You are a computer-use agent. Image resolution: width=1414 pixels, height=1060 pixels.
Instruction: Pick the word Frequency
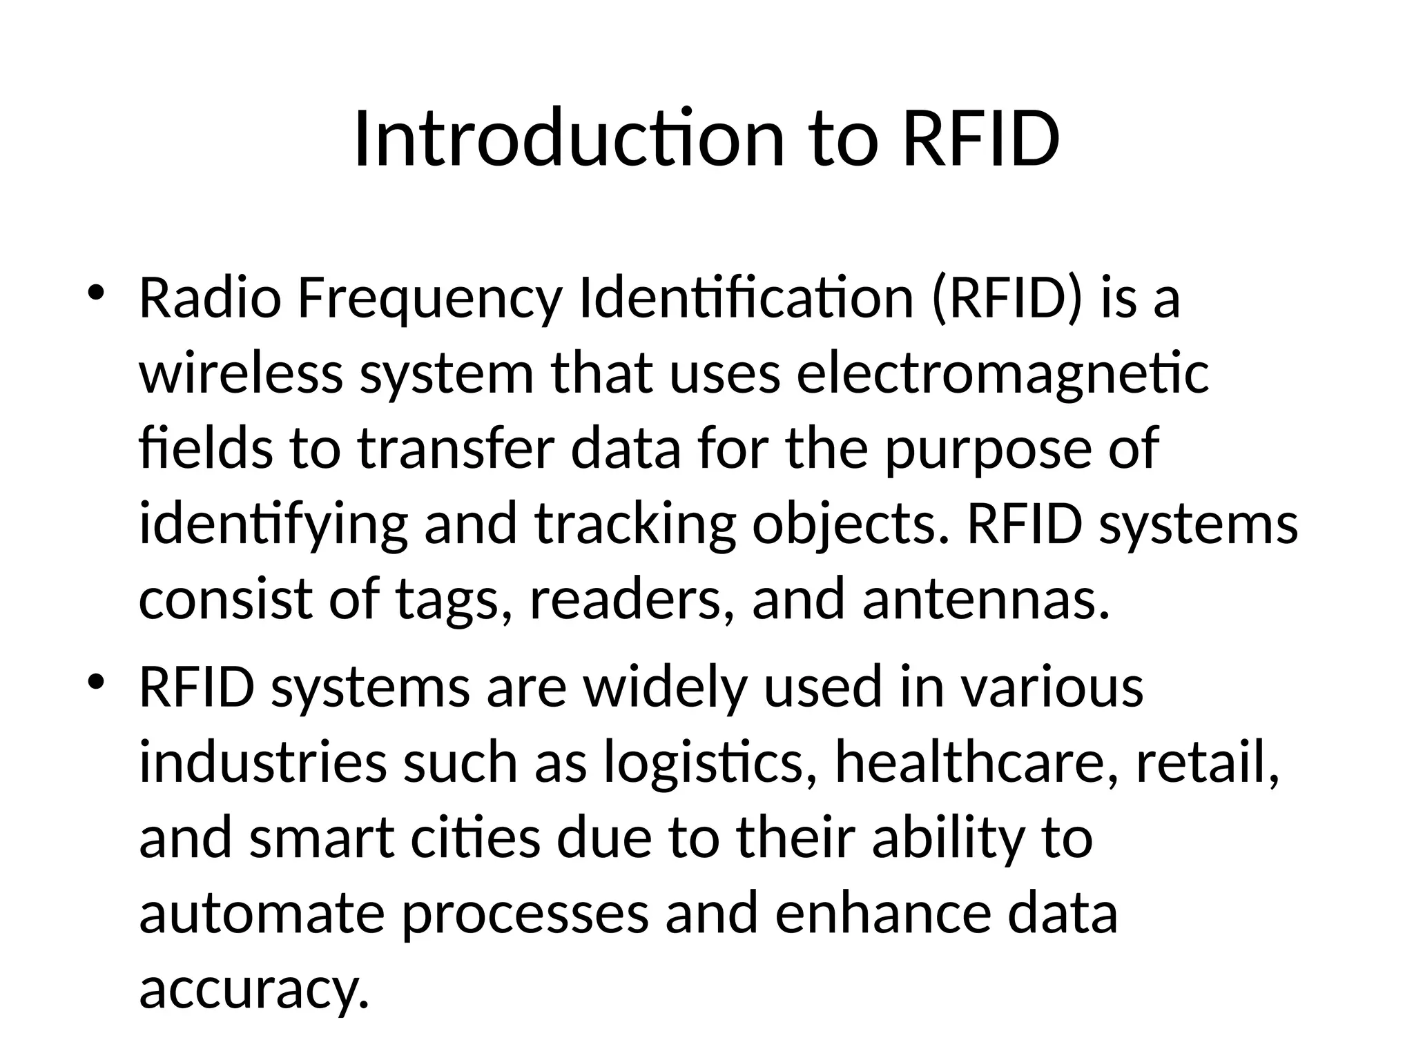(x=429, y=301)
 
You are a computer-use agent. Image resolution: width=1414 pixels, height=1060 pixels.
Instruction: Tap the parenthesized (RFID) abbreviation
(x=1007, y=300)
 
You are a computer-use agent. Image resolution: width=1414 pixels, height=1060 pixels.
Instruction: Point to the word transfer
(x=456, y=449)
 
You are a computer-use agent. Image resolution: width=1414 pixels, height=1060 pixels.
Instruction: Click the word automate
(x=262, y=913)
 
